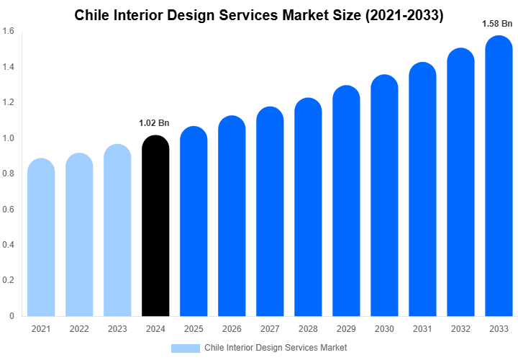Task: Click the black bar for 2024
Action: tap(155, 227)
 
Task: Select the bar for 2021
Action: tap(41, 238)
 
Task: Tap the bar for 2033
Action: tap(499, 176)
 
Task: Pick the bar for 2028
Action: tap(308, 209)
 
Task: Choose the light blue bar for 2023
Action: tap(117, 230)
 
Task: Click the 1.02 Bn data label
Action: tap(154, 123)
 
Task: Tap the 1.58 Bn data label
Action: tap(497, 24)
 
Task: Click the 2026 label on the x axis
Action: tap(232, 329)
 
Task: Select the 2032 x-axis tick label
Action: tap(461, 329)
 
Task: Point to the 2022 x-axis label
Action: tap(79, 329)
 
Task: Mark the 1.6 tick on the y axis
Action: tap(9, 32)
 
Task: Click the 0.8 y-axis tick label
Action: tap(9, 174)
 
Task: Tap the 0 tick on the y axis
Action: tap(12, 315)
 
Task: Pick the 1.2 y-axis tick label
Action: tap(9, 102)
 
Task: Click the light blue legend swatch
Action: tap(185, 348)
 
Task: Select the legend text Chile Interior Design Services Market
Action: tap(276, 348)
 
